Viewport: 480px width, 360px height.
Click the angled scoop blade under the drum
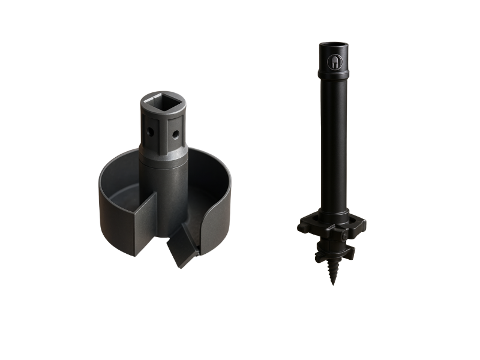[182, 251]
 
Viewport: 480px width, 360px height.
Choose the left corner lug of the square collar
[302, 227]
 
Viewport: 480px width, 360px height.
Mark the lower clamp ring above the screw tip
[332, 249]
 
